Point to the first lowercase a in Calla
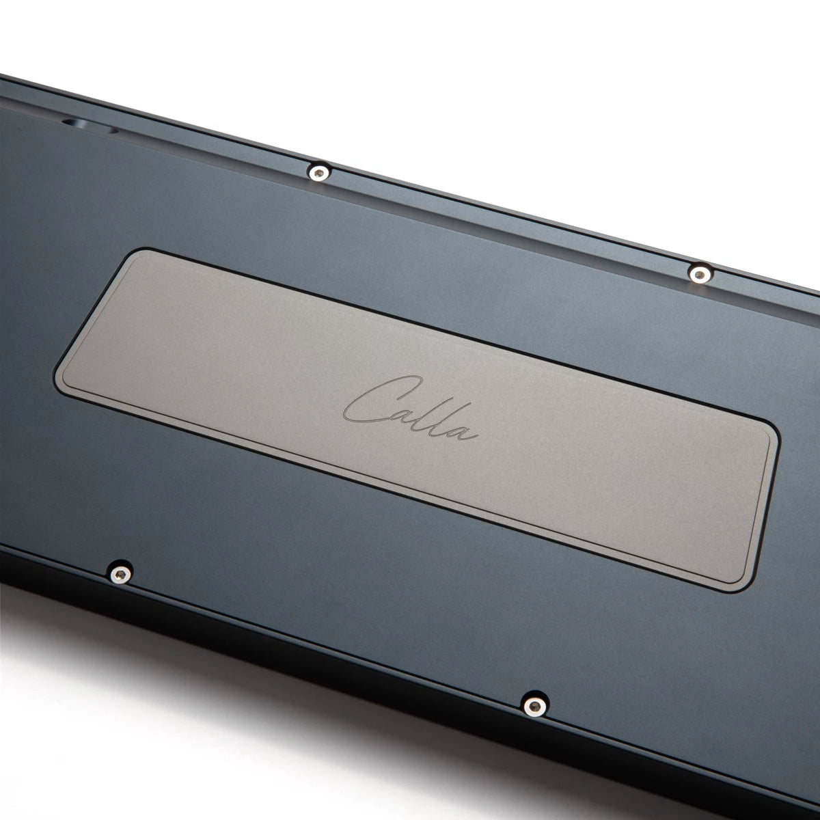point(405,414)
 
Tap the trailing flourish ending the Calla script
point(472,434)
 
